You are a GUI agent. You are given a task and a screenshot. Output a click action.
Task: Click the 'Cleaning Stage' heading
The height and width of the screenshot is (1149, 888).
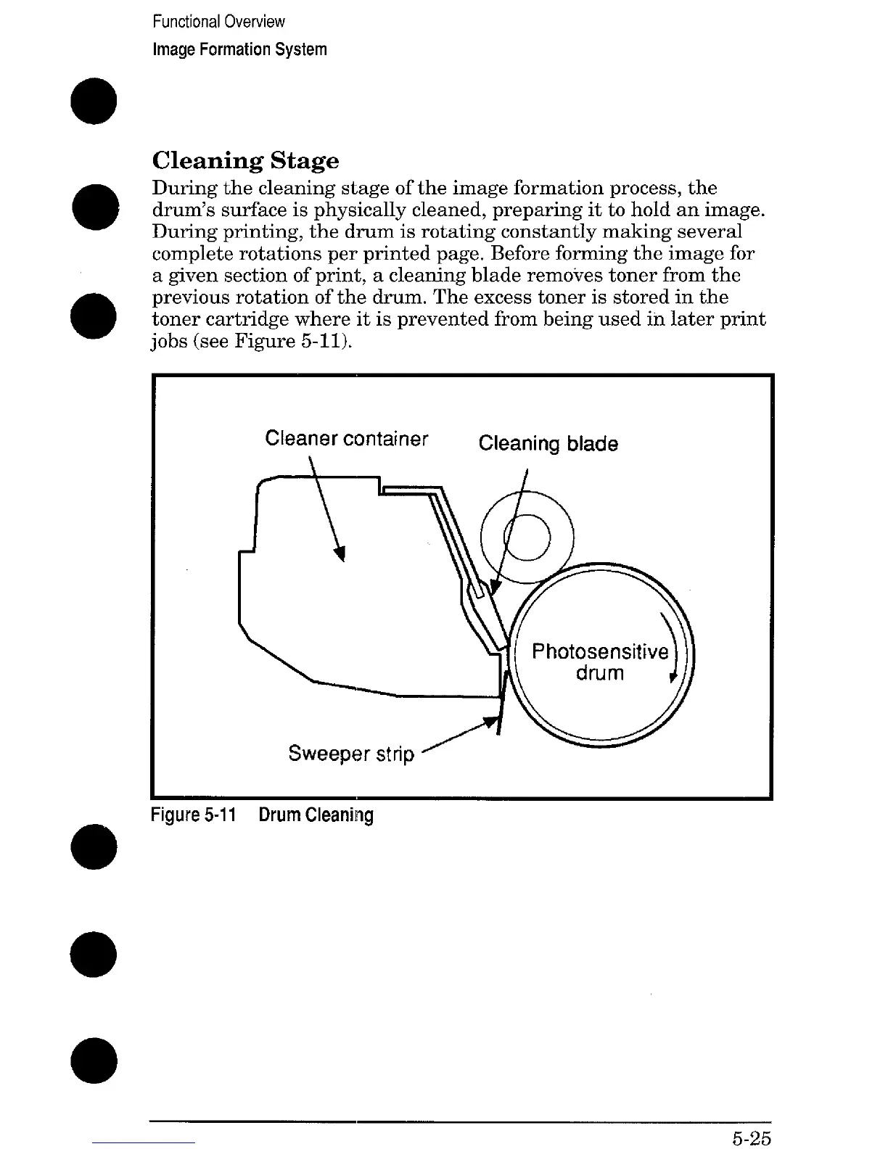pos(245,160)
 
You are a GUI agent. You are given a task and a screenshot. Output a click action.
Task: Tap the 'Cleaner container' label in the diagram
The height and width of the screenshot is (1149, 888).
pos(346,439)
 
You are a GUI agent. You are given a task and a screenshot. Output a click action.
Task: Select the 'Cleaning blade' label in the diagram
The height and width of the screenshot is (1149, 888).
pos(548,443)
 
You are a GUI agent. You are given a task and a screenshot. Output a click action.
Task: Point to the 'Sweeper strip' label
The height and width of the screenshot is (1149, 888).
pos(351,754)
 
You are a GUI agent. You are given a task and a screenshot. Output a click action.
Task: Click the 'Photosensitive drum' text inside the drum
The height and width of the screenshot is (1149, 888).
pos(599,662)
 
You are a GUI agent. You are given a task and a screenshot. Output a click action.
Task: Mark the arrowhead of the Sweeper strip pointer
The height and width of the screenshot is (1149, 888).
pos(493,723)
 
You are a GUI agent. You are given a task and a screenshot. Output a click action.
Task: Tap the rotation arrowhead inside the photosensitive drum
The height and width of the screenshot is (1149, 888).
pos(673,678)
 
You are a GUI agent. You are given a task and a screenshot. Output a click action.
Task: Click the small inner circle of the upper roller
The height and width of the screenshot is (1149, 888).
pos(528,537)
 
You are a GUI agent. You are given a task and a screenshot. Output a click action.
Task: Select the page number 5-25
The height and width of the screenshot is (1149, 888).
pos(750,1138)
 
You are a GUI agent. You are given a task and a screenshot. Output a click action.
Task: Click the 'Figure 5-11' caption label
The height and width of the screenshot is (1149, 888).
pos(194,815)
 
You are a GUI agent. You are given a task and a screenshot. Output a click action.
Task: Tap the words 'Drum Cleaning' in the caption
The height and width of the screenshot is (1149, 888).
pos(316,815)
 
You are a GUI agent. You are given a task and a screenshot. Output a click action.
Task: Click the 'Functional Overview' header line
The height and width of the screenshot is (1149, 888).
pos(218,22)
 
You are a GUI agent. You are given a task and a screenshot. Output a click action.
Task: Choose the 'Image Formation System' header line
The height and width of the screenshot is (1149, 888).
pos(239,49)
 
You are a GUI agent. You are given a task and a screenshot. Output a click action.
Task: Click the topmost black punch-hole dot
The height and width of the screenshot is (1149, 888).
pos(94,102)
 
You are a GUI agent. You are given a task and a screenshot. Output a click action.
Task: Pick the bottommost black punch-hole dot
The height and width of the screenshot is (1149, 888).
pos(94,1061)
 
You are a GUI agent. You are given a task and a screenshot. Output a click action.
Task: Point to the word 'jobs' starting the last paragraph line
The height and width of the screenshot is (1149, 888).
pos(168,341)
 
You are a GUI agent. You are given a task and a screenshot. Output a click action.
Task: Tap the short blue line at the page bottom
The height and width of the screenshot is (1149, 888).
pos(144,1142)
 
